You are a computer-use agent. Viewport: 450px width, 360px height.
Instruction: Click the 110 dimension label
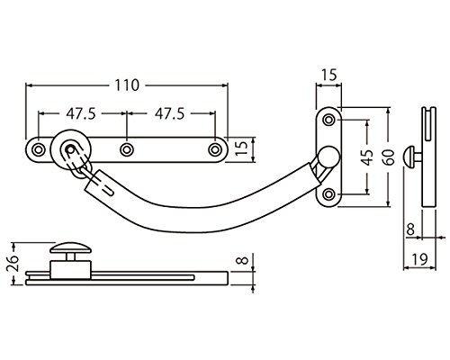tap(127, 85)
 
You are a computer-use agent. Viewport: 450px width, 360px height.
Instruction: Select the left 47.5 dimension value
tap(81, 114)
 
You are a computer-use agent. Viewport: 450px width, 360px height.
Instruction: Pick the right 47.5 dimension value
tap(169, 114)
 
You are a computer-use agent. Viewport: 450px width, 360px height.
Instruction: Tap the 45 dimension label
tap(367, 157)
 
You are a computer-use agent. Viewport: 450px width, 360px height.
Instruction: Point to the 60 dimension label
tap(389, 157)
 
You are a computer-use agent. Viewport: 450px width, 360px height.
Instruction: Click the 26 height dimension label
tap(13, 263)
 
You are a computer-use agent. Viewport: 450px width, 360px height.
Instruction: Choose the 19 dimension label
tap(419, 259)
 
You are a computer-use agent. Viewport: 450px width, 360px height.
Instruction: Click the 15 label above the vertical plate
tap(329, 75)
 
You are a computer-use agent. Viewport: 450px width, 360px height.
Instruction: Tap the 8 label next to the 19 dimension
tap(410, 229)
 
